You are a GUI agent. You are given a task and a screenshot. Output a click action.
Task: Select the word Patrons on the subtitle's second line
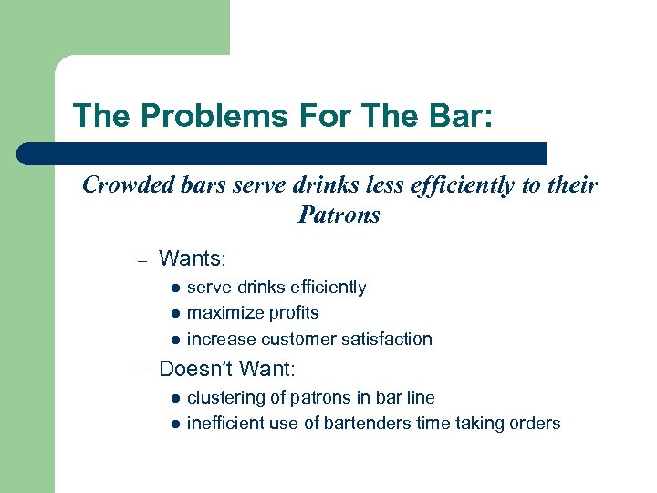[x=339, y=216]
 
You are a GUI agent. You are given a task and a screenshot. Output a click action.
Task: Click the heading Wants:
[x=186, y=259]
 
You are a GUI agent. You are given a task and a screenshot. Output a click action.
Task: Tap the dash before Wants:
[x=141, y=261]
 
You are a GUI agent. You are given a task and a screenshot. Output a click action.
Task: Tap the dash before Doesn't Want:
[x=141, y=372]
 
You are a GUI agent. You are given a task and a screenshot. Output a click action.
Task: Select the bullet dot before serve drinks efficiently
[x=174, y=288]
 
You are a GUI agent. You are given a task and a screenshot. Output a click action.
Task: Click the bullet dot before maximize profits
[x=174, y=314]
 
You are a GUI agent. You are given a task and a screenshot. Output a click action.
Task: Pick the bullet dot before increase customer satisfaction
[x=174, y=341]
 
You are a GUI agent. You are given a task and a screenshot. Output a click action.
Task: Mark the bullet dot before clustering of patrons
[x=174, y=399]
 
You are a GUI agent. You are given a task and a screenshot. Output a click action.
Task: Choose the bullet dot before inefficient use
[x=174, y=425]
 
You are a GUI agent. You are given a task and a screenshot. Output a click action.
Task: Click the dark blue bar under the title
[x=283, y=153]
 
